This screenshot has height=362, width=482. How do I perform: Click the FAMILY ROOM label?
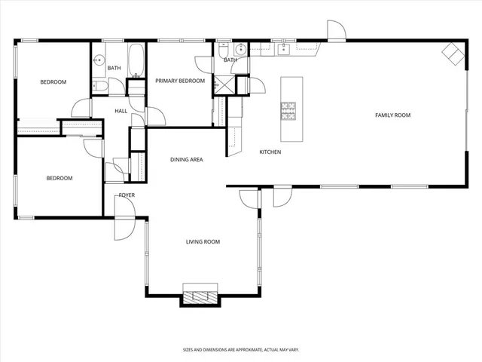click(x=392, y=115)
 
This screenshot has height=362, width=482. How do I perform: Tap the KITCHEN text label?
click(x=270, y=152)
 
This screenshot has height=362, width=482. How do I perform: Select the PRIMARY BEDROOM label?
click(x=180, y=81)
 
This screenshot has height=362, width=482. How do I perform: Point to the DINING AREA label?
click(x=186, y=160)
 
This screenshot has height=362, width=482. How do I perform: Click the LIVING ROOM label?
click(x=203, y=242)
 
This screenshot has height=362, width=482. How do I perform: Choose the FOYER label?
click(x=127, y=195)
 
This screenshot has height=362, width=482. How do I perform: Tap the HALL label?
click(x=120, y=112)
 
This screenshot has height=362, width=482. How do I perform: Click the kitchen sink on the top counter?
click(x=285, y=50)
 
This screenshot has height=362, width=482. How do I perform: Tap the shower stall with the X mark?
click(x=224, y=85)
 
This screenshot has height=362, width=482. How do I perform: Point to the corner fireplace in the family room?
click(x=453, y=53)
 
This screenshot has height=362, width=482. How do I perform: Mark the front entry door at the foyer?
click(x=124, y=228)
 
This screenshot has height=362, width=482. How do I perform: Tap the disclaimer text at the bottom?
click(x=240, y=350)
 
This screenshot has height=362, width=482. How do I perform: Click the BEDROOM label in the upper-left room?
click(x=53, y=82)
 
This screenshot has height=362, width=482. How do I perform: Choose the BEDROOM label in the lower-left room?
click(x=59, y=179)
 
